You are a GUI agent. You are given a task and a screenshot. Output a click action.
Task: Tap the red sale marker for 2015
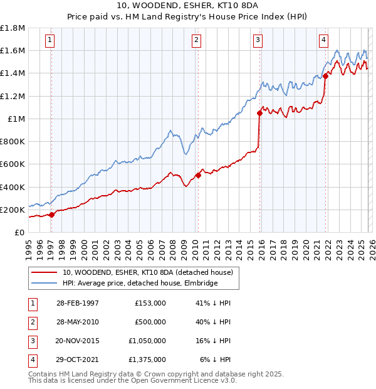259,114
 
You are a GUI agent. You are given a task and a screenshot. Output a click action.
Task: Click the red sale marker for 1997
52,215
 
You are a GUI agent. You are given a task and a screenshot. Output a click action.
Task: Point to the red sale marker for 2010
198,175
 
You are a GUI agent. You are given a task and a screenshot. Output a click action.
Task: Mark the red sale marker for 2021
325,77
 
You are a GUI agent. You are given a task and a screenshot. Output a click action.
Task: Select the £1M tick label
16,119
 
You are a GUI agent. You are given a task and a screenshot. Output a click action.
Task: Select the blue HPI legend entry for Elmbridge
140,284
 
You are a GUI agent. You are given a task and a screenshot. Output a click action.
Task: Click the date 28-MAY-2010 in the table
77,322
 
